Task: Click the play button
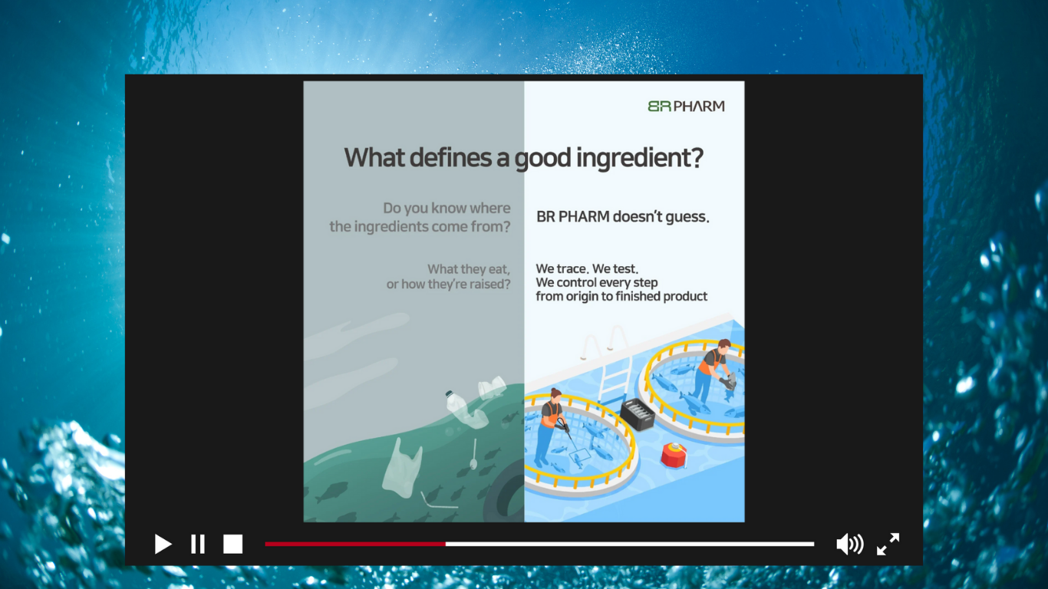(163, 544)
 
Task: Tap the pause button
(198, 544)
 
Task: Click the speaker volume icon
(849, 544)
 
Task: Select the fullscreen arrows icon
(888, 544)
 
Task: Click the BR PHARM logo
(687, 106)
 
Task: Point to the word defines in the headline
(451, 157)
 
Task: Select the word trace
(571, 269)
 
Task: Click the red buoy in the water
(674, 455)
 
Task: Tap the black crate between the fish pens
(638, 414)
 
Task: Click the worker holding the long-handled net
(551, 426)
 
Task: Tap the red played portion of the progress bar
(355, 544)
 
